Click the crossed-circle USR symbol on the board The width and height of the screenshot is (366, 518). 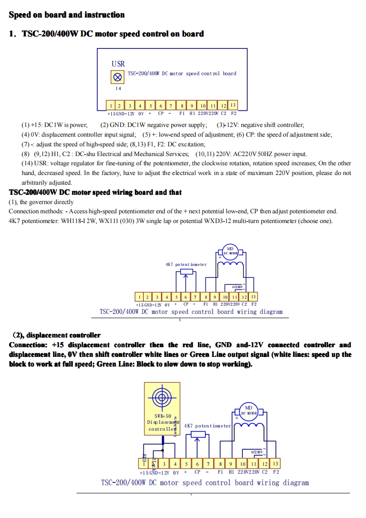pyautogui.click(x=118, y=76)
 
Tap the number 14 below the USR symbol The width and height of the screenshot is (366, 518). pyautogui.click(x=118, y=88)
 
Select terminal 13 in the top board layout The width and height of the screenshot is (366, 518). pyautogui.click(x=233, y=105)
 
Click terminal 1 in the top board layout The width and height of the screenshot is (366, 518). pyautogui.click(x=111, y=106)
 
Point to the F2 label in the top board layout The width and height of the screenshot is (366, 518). pyautogui.click(x=234, y=113)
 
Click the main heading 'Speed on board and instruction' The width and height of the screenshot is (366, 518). pyautogui.click(x=66, y=15)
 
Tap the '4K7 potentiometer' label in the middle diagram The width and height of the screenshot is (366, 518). pyautogui.click(x=186, y=265)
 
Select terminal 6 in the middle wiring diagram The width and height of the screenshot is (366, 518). pyautogui.click(x=186, y=297)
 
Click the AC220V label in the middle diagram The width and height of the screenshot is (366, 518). pyautogui.click(x=237, y=287)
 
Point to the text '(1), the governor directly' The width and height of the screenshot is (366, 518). pyautogui.click(x=41, y=202)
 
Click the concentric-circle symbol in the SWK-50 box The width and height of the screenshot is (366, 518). pyautogui.click(x=162, y=397)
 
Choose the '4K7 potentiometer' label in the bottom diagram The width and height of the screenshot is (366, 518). pyautogui.click(x=207, y=426)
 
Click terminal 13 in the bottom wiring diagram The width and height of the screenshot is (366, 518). pyautogui.click(x=276, y=463)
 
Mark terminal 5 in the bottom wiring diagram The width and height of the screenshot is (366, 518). pyautogui.click(x=186, y=464)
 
